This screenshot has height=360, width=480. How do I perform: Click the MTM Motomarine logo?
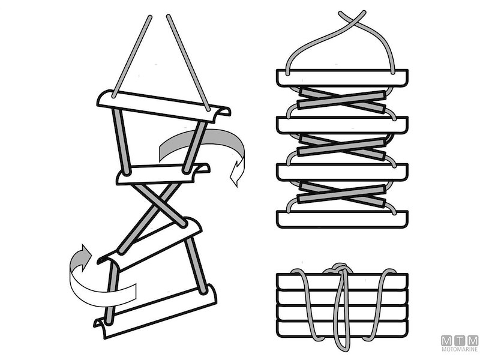460,343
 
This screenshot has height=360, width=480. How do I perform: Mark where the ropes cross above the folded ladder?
351,19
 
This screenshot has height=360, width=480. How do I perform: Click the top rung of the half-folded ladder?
342,78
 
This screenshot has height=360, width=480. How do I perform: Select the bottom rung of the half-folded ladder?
342,219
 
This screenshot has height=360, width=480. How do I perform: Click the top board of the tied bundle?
342,281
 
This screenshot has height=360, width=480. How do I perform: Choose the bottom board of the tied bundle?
342,329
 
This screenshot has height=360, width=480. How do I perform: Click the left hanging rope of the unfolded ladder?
132,56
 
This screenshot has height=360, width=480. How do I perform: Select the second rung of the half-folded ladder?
342,125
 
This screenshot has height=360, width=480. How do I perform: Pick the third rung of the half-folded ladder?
342,172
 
